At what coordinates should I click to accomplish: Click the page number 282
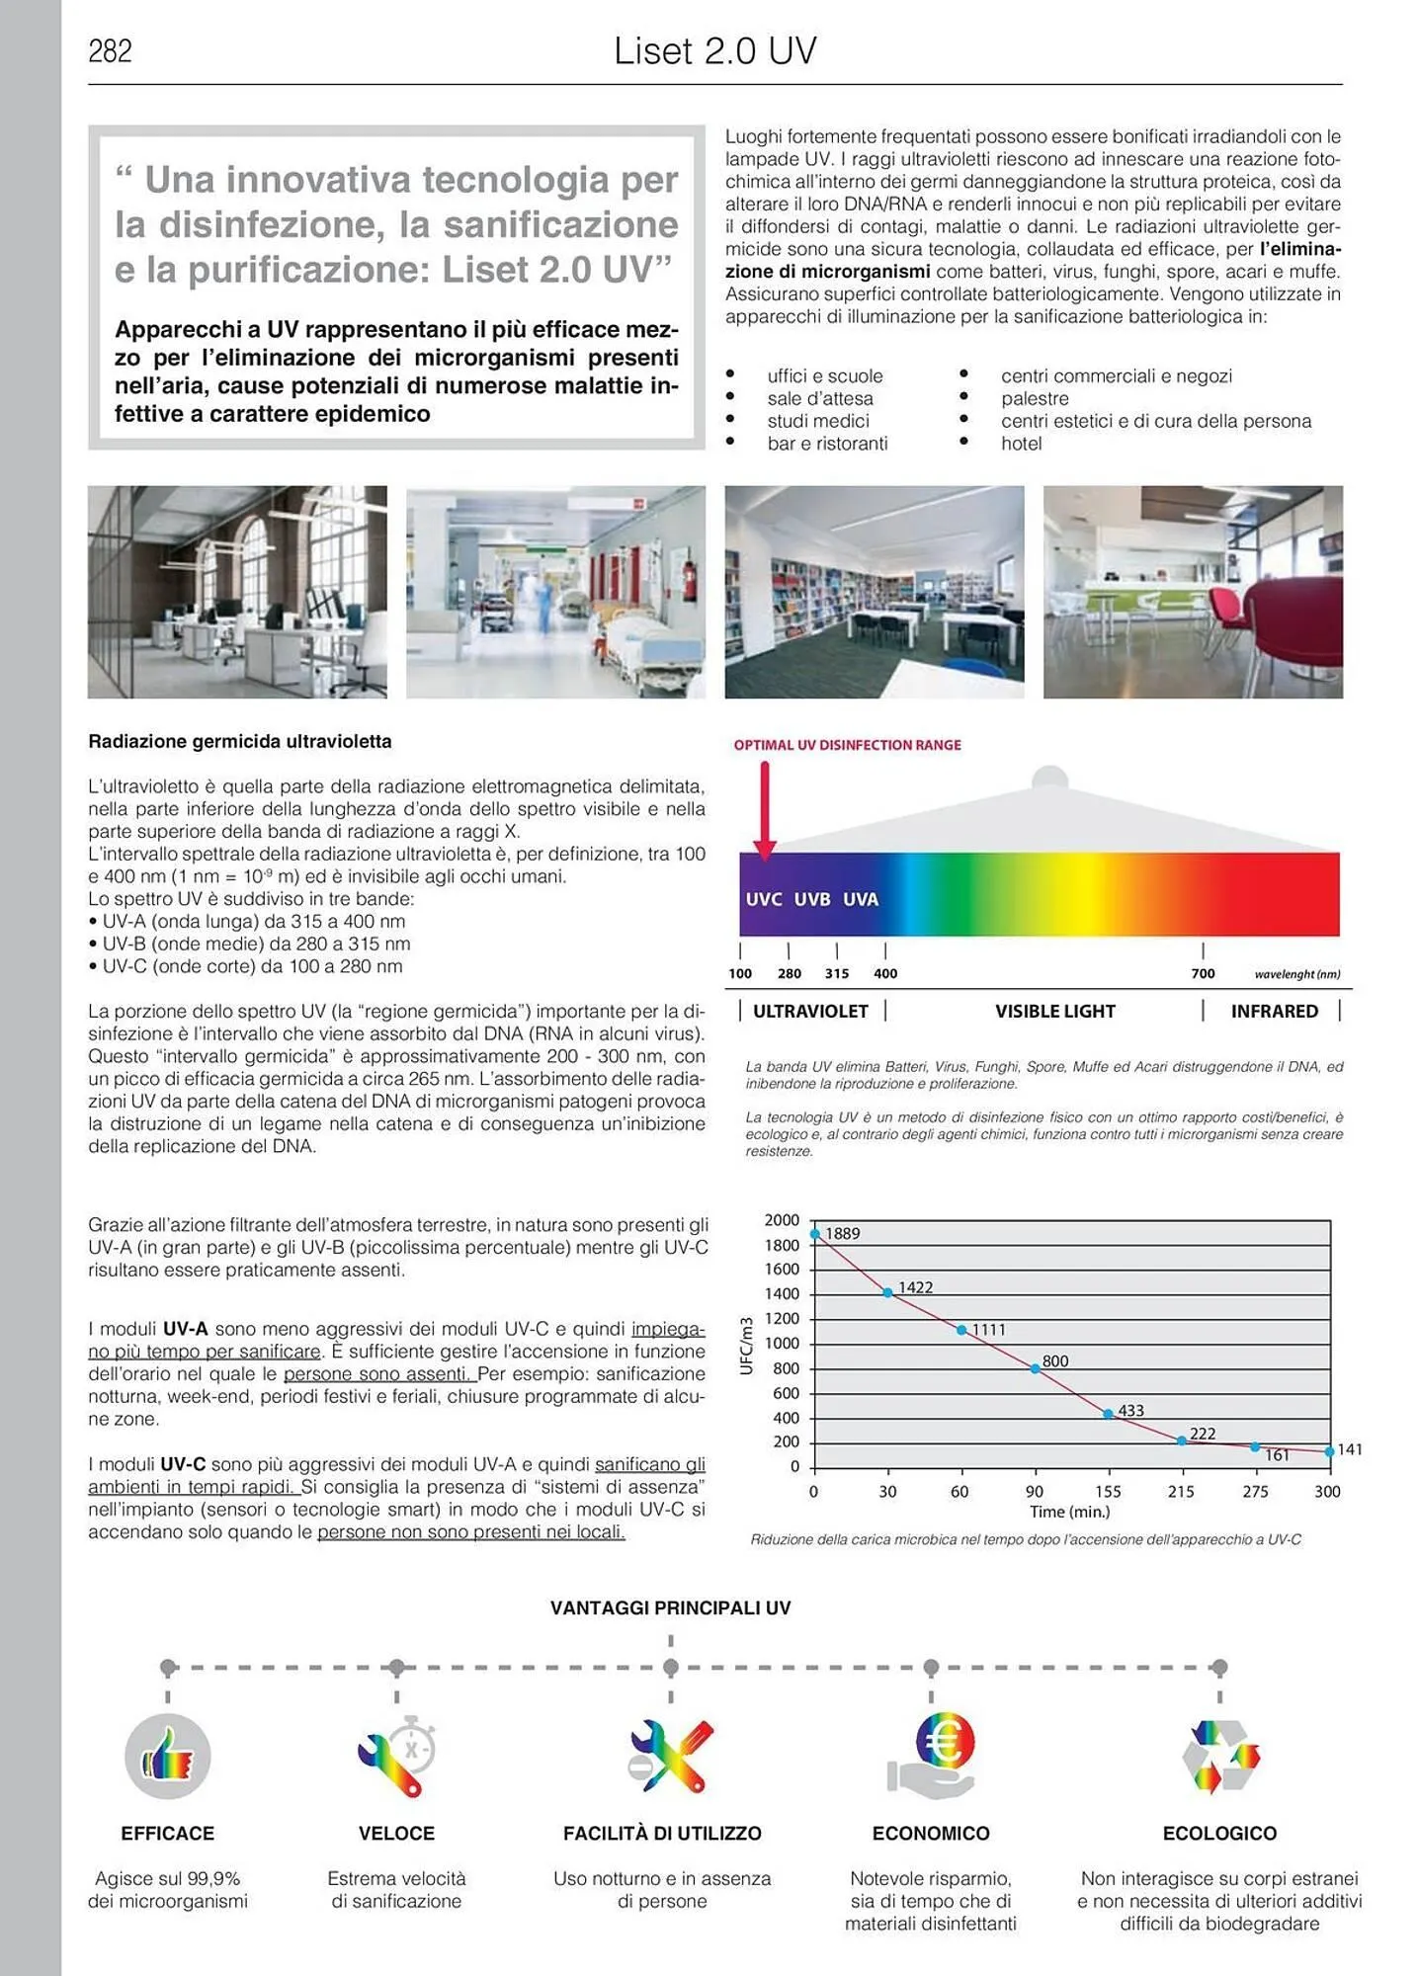point(110,51)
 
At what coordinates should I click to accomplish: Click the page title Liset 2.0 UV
point(714,51)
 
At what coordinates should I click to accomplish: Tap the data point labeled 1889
point(815,1234)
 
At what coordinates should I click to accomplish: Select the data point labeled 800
point(1036,1368)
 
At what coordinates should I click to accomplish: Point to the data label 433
point(1130,1411)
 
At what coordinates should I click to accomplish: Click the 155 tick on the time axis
point(1108,1492)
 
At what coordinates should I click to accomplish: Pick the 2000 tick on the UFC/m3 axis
point(782,1220)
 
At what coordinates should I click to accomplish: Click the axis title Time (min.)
point(1069,1512)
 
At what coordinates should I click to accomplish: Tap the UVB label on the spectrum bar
point(812,899)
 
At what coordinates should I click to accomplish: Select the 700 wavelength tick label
point(1203,973)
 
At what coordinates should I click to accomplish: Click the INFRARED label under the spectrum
point(1274,1011)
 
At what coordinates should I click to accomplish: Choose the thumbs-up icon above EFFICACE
point(168,1757)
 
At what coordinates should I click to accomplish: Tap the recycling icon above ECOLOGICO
point(1220,1756)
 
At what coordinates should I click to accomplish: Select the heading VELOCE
point(396,1834)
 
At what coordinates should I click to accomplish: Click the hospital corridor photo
point(555,592)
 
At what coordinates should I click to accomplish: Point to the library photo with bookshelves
point(875,592)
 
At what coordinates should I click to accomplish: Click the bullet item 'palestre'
point(1035,398)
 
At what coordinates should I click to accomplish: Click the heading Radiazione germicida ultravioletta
point(240,742)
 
